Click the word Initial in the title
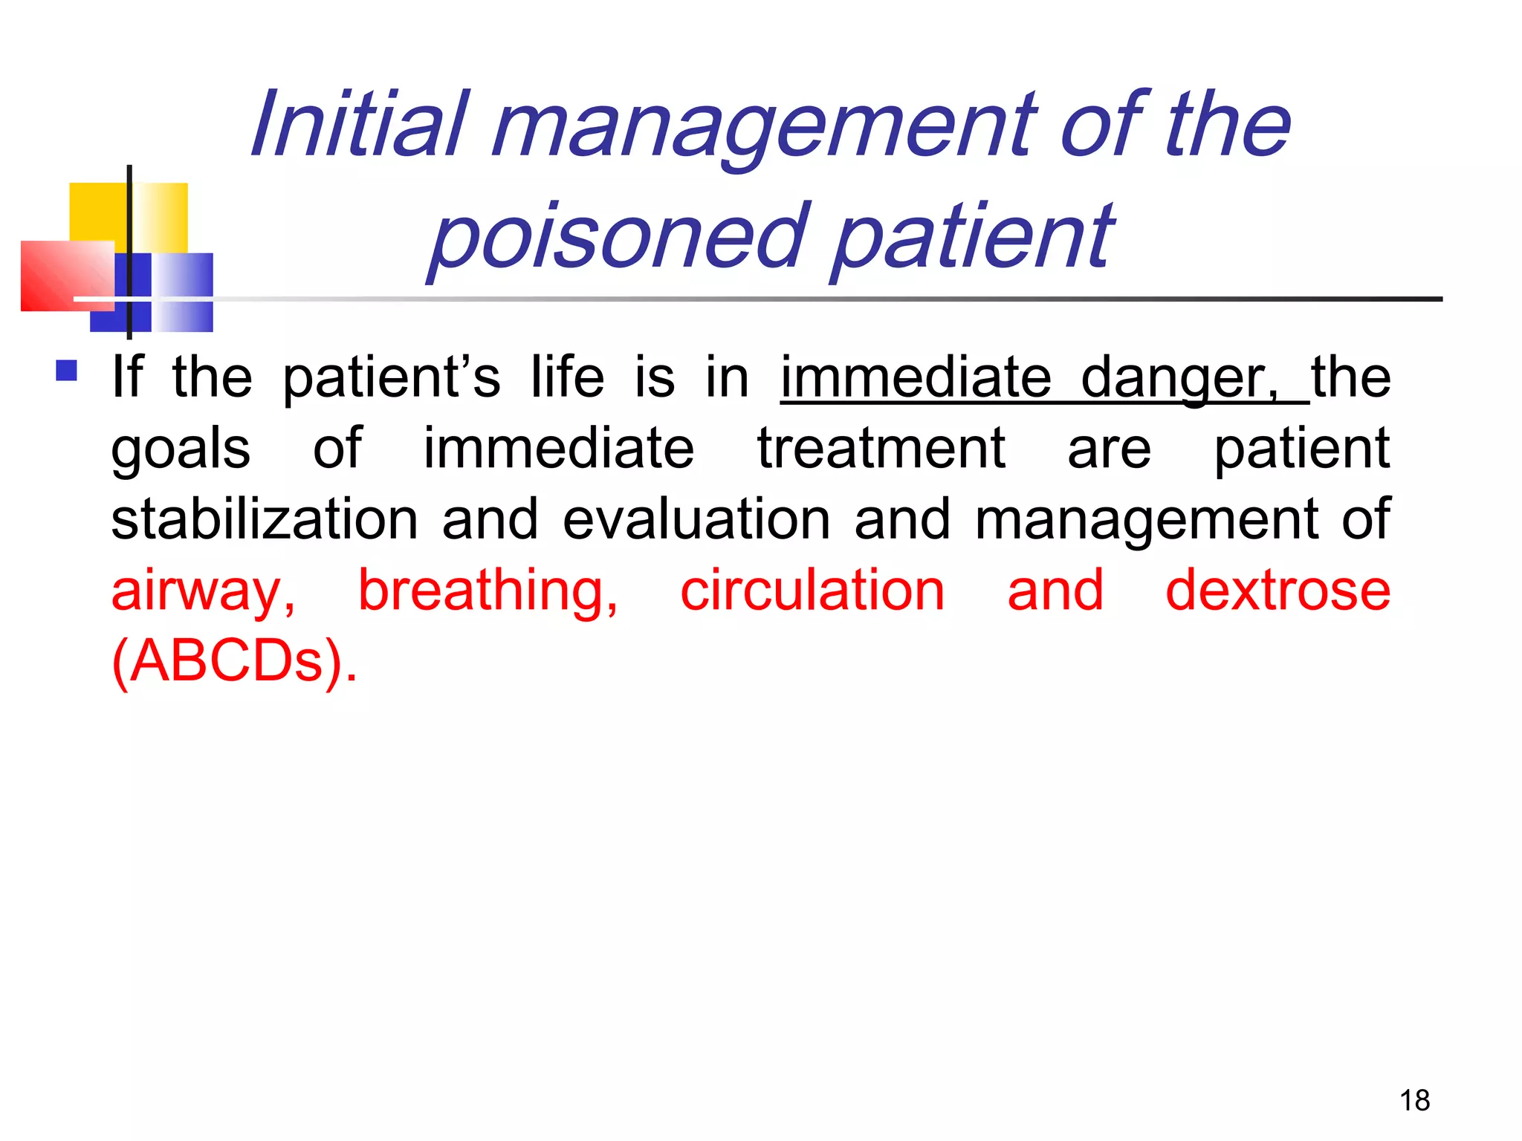coord(360,125)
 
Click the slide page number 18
coord(1414,1100)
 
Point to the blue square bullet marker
coord(67,371)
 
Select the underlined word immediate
coord(916,377)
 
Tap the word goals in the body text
coord(181,449)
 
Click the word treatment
coord(881,449)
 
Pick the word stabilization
coord(265,519)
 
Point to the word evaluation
coord(696,519)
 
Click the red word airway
coord(203,591)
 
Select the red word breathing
coord(488,591)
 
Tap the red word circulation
coord(812,591)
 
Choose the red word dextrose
coord(1277,591)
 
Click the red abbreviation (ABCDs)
coord(234,661)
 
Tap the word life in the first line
coord(567,377)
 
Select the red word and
coord(1055,591)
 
